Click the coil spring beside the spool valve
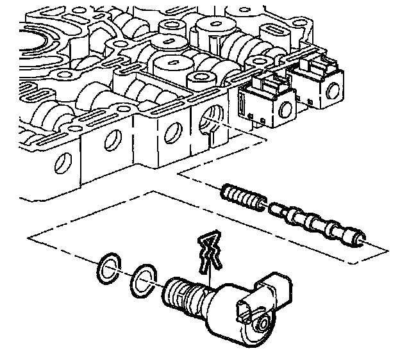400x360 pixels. click(x=242, y=197)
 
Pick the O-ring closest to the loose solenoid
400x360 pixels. click(x=143, y=281)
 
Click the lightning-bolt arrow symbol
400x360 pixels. click(x=210, y=252)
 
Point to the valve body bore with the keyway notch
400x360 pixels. click(x=210, y=121)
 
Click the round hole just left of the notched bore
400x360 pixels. click(x=170, y=131)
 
